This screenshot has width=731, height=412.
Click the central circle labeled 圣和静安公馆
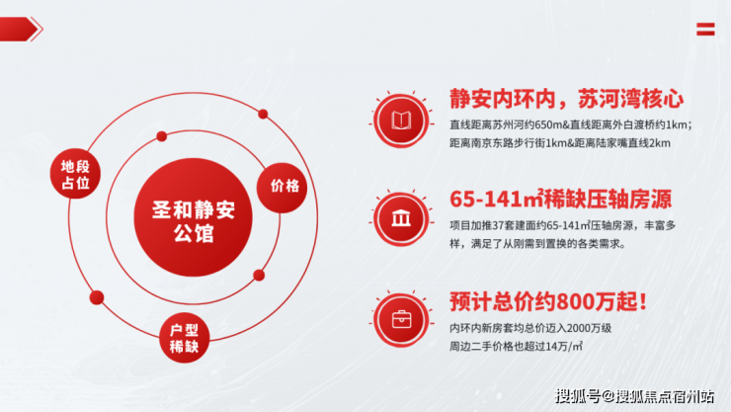(x=193, y=217)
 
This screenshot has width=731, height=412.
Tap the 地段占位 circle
(x=75, y=174)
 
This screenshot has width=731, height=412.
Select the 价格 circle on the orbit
(x=282, y=188)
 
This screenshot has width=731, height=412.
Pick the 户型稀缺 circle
(x=184, y=338)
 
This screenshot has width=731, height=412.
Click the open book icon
(x=401, y=121)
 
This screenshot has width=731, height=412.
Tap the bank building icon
(x=401, y=218)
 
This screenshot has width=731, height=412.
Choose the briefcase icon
(x=401, y=320)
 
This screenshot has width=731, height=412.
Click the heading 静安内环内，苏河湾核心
(x=566, y=99)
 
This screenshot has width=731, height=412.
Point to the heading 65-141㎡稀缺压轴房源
(x=561, y=199)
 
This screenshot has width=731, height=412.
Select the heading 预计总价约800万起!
(x=548, y=301)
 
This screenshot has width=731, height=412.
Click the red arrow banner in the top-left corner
(x=22, y=29)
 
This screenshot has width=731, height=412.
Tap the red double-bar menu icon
(x=705, y=29)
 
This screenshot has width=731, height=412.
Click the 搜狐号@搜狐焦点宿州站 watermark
(x=634, y=396)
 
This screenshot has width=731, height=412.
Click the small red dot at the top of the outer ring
(x=263, y=114)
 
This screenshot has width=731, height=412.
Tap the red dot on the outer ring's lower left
(x=97, y=297)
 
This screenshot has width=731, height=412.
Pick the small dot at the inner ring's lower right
(x=259, y=275)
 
